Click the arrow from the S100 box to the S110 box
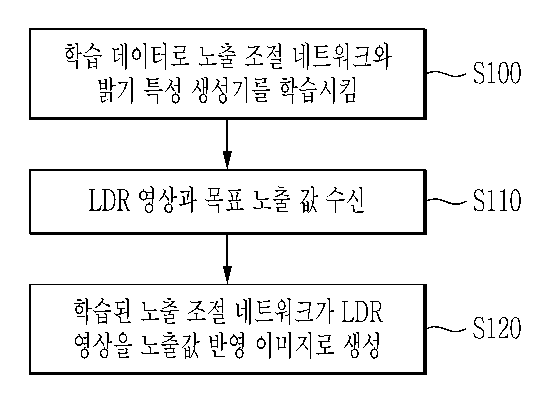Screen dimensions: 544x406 coord(227,144)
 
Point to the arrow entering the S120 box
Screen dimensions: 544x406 coord(227,259)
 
